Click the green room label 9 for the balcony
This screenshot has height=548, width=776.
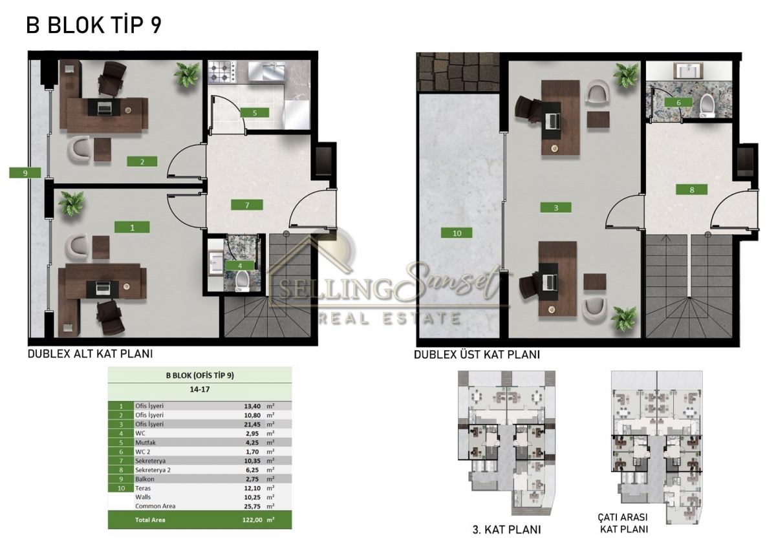click(x=25, y=173)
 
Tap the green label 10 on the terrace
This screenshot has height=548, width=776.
click(x=457, y=233)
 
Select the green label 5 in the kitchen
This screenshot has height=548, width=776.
click(x=255, y=112)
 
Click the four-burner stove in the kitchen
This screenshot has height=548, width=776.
click(x=222, y=72)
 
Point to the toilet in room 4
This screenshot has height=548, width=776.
click(x=242, y=281)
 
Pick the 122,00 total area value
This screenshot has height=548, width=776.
click(x=253, y=520)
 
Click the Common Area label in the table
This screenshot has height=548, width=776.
click(x=155, y=506)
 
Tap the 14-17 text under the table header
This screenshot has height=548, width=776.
click(x=200, y=389)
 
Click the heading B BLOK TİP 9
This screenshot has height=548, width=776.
click(x=94, y=25)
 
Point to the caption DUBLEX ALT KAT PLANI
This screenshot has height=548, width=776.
click(x=90, y=353)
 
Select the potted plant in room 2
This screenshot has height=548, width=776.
click(x=188, y=74)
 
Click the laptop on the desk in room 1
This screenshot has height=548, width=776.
click(x=103, y=288)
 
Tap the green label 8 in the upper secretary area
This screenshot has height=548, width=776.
click(x=692, y=190)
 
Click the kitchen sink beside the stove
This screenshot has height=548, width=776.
click(x=266, y=72)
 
